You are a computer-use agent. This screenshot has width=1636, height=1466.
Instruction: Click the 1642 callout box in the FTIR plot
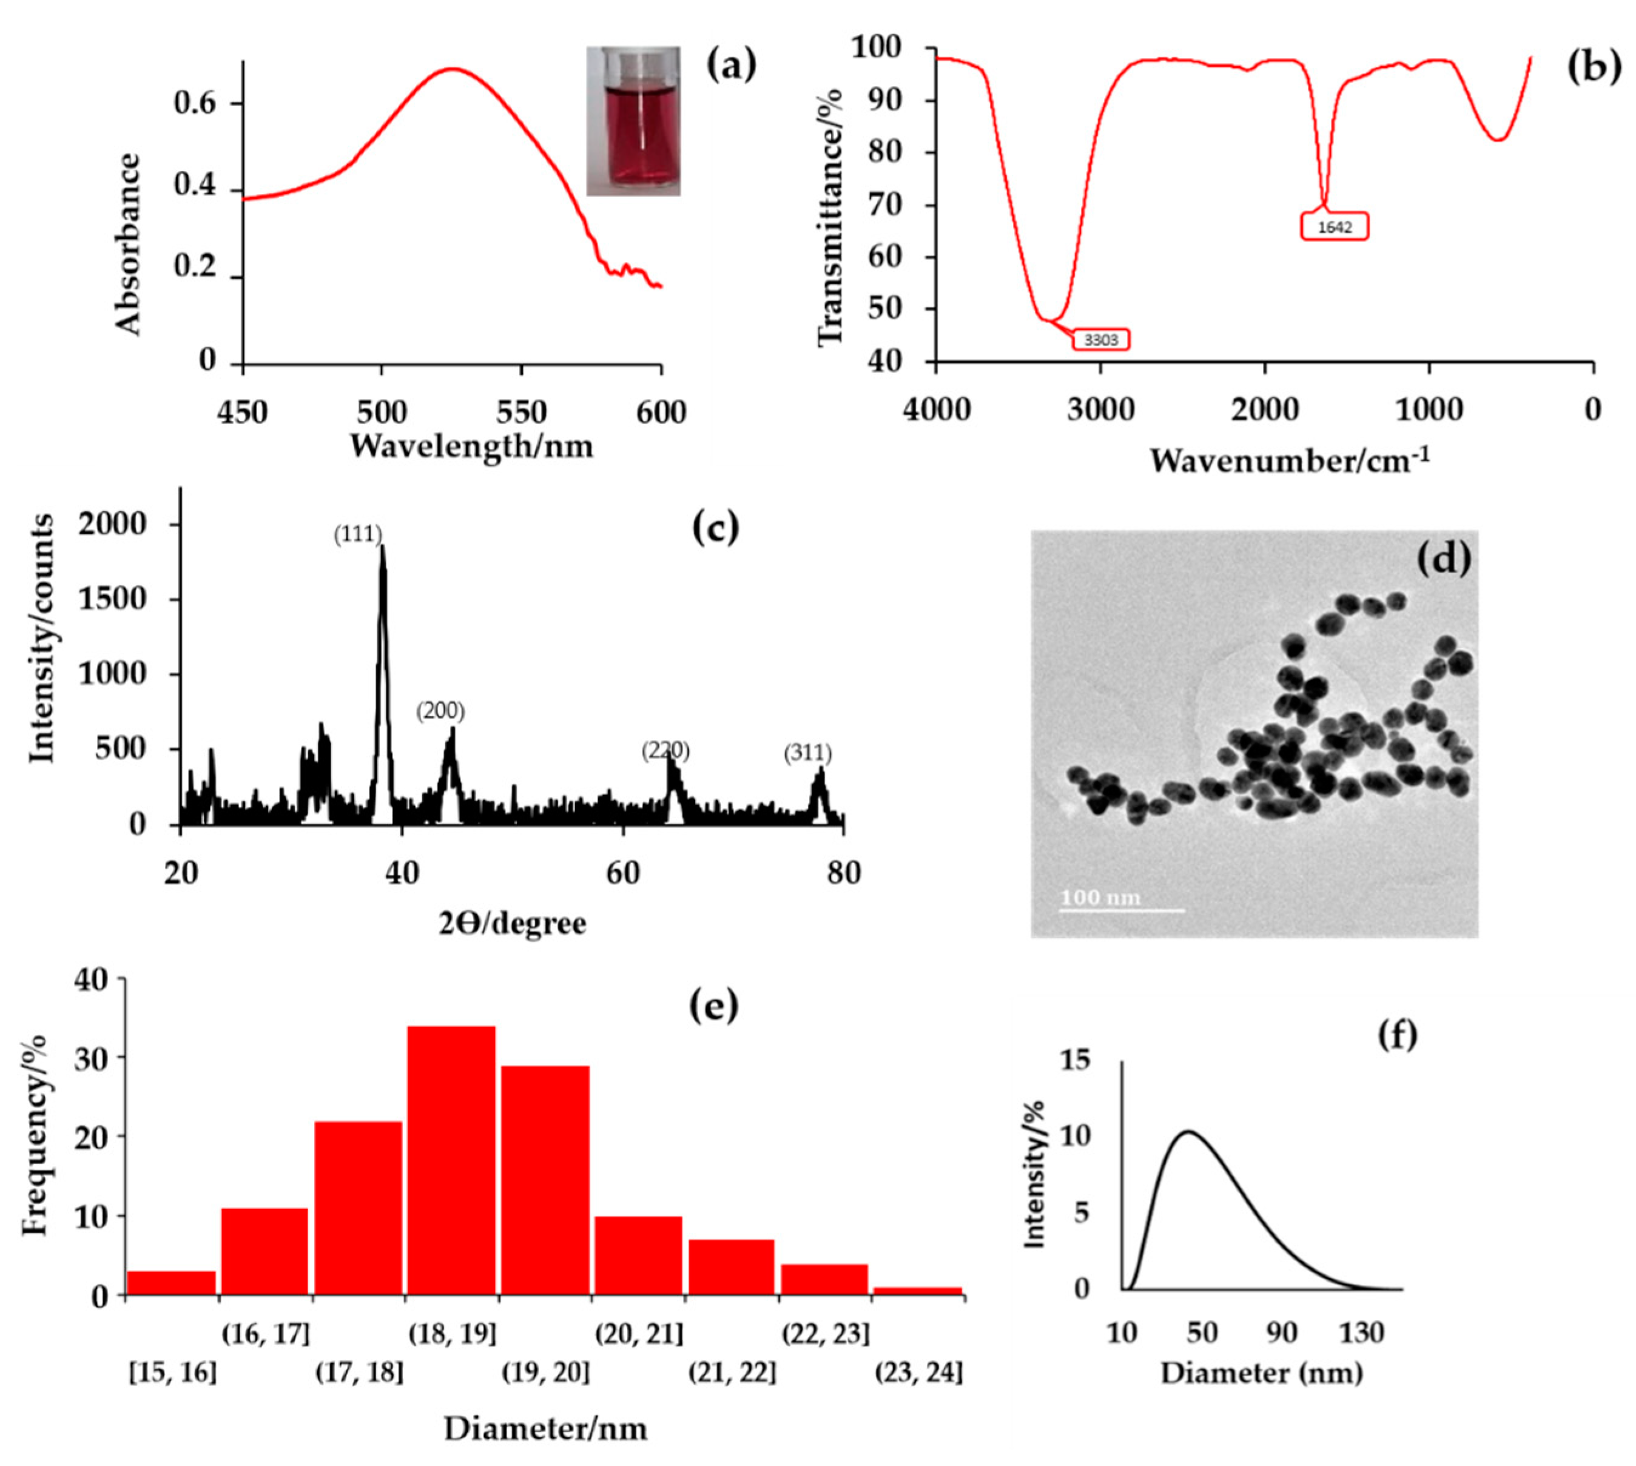pyautogui.click(x=1334, y=226)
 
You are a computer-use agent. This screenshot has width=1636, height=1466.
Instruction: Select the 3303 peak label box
pyautogui.click(x=1100, y=339)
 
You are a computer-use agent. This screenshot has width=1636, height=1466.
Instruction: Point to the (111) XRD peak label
pyautogui.click(x=358, y=534)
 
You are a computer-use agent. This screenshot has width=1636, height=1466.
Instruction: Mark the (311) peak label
pyautogui.click(x=807, y=753)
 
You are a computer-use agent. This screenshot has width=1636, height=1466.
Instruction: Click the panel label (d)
pyautogui.click(x=1442, y=558)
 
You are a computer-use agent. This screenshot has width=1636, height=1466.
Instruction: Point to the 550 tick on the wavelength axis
pyautogui.click(x=521, y=412)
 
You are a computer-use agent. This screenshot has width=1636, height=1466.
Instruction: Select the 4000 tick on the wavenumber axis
pyautogui.click(x=935, y=410)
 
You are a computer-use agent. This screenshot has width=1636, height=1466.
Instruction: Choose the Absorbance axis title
pyautogui.click(x=129, y=244)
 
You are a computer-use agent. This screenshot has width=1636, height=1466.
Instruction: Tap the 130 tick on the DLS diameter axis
pyautogui.click(x=1361, y=1333)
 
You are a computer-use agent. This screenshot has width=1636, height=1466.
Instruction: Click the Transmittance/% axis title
pyautogui.click(x=830, y=218)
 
